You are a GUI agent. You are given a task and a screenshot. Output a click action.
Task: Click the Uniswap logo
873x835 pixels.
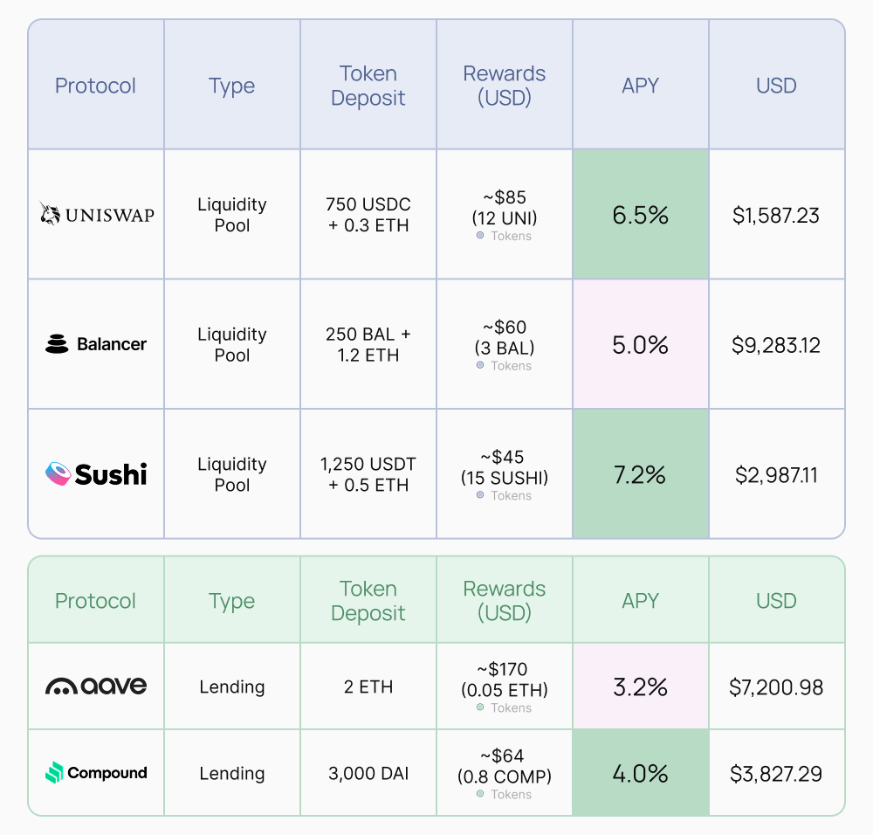click(x=96, y=214)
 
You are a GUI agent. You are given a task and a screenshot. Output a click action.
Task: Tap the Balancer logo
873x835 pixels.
click(x=96, y=344)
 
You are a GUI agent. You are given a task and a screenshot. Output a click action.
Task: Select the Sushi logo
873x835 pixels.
click(x=96, y=474)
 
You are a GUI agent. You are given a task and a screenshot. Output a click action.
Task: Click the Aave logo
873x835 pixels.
click(x=96, y=687)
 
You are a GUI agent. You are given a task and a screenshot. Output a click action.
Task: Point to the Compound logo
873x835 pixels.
click(x=96, y=773)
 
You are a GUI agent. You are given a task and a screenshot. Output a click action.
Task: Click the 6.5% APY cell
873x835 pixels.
click(x=640, y=215)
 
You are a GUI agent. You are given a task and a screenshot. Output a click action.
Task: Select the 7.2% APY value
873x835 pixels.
click(x=640, y=475)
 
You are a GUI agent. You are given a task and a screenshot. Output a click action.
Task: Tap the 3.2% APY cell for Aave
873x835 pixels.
click(x=640, y=687)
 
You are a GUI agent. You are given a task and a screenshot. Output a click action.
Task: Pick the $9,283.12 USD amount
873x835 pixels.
click(x=776, y=345)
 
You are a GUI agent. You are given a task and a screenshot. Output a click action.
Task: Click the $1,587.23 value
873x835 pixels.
click(x=776, y=215)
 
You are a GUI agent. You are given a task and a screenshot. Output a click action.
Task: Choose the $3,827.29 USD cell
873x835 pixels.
click(x=776, y=774)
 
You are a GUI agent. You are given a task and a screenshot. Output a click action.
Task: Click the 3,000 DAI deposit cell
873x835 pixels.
click(x=368, y=774)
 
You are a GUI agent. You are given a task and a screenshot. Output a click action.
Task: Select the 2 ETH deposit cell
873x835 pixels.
click(x=368, y=687)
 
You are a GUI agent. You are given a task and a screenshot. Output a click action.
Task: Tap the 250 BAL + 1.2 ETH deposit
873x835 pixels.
click(x=368, y=344)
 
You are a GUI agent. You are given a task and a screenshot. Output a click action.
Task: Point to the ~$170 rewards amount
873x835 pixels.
click(x=504, y=670)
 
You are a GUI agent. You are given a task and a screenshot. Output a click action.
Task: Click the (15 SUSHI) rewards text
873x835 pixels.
click(x=504, y=478)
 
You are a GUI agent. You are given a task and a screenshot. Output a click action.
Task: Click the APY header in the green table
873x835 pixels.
click(x=640, y=601)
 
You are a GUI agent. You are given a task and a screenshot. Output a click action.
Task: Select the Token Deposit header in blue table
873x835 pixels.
click(x=368, y=86)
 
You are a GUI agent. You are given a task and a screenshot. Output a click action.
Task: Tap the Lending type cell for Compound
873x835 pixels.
click(x=231, y=774)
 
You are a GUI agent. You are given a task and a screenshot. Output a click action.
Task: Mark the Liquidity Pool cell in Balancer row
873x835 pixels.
click(x=231, y=344)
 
